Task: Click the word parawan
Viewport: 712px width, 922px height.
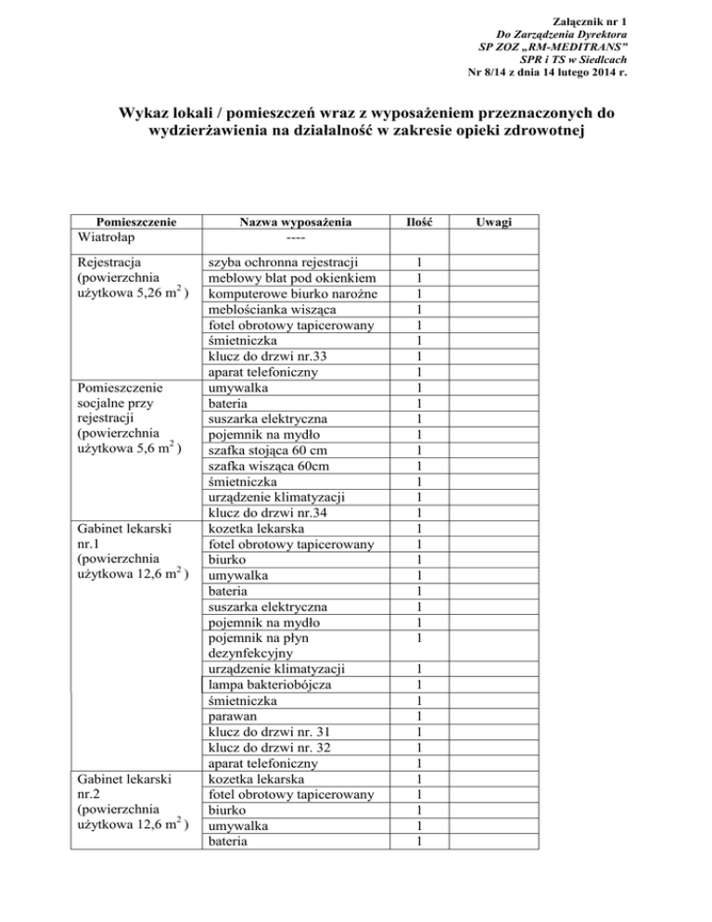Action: (x=235, y=716)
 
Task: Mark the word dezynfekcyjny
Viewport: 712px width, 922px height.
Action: (x=254, y=653)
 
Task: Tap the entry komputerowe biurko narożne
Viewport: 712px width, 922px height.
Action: (x=289, y=293)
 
